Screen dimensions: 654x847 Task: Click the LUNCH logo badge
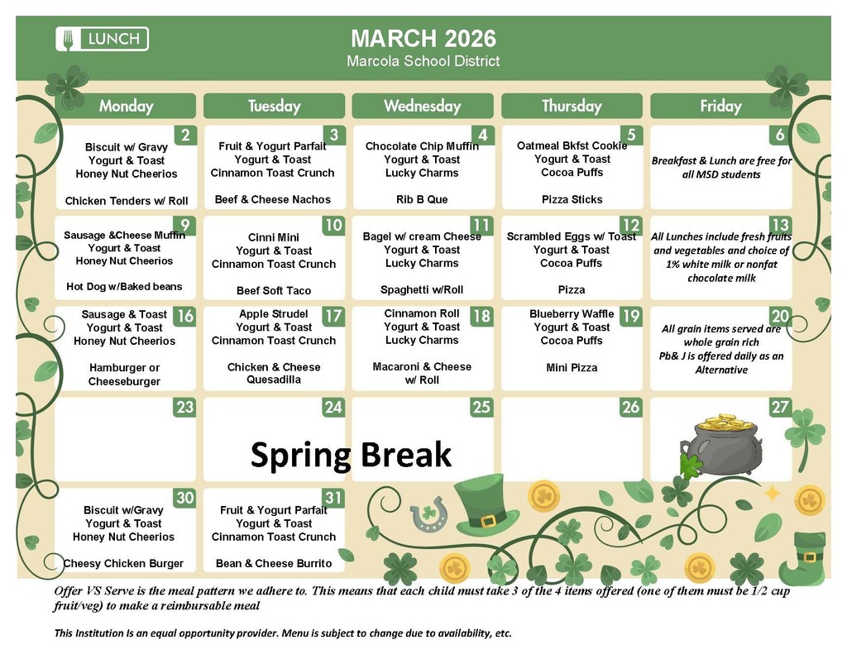103,39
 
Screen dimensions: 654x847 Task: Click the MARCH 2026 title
423,39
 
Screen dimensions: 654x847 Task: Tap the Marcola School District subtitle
423,61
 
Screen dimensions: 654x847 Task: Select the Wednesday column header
422,106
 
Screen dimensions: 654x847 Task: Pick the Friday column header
720,106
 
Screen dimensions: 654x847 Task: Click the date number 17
333,316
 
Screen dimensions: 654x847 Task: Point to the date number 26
630,407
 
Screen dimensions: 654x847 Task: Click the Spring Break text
351,455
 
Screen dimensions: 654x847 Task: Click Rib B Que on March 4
422,199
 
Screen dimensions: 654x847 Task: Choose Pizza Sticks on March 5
572,199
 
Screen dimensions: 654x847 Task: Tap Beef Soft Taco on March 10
274,291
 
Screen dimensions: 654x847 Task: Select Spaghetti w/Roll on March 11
422,290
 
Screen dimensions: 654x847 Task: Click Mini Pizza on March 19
572,367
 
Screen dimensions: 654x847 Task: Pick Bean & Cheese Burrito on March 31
274,564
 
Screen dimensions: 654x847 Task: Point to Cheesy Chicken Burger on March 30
124,564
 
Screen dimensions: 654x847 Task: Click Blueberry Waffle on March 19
572,314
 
